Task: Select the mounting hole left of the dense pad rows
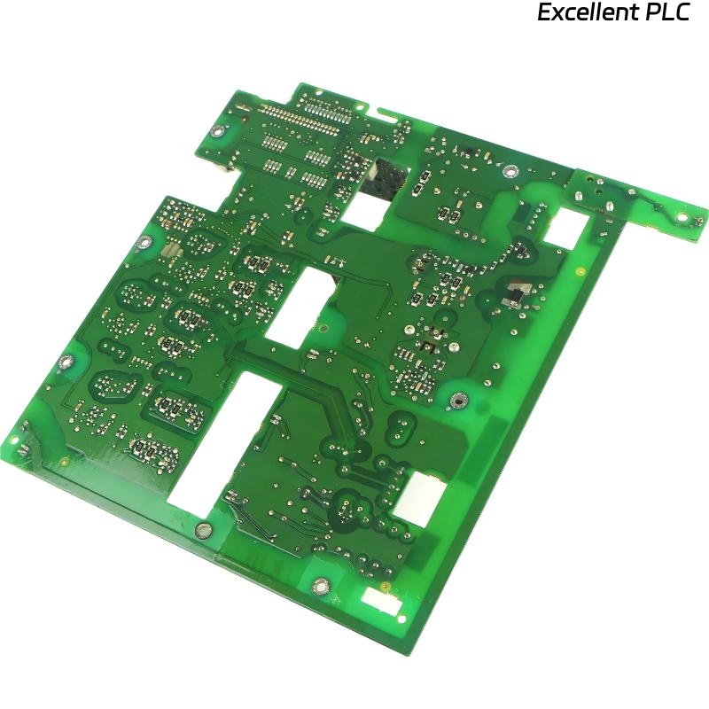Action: [216, 132]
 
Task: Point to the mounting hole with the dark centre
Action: [457, 401]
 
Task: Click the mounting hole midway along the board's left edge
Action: [64, 361]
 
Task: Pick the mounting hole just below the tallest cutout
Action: [203, 530]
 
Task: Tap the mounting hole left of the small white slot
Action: [321, 585]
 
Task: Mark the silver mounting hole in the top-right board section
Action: [511, 169]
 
